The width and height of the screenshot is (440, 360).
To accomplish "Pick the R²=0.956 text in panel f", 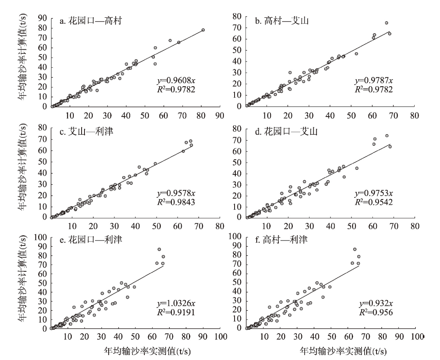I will tap(374, 313).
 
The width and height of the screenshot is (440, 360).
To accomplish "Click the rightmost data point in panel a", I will tap(203, 30).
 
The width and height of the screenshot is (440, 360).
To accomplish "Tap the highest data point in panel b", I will tap(386, 23).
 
